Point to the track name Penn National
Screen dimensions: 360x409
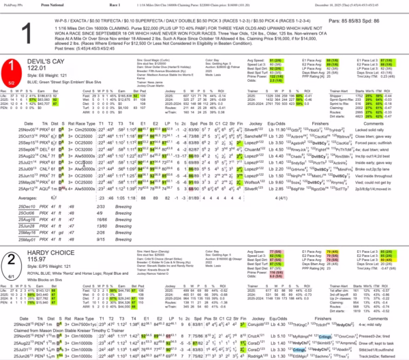tap(63, 5)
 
